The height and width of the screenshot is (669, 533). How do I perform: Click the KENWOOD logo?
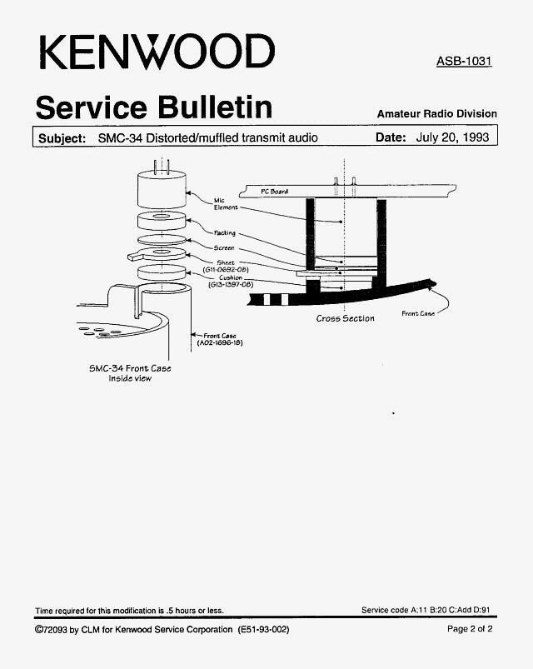click(x=157, y=52)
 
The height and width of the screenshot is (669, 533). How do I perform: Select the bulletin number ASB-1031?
click(x=464, y=61)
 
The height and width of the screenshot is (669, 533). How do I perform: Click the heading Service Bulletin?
click(x=154, y=107)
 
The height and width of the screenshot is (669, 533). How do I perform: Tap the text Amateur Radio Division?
click(x=437, y=114)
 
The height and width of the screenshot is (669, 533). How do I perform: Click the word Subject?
click(x=62, y=138)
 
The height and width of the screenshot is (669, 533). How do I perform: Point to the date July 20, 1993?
click(x=452, y=137)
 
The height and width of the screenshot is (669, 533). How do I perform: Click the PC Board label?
click(x=274, y=192)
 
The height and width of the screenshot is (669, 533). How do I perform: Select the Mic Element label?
click(x=226, y=204)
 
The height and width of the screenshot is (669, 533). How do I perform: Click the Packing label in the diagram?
click(x=224, y=233)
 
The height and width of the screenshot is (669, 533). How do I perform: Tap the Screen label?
click(x=224, y=248)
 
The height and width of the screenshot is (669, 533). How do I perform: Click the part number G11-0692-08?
click(x=226, y=270)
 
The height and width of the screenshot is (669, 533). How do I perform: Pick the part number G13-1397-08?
click(x=230, y=285)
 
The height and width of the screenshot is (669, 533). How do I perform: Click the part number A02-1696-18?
click(x=220, y=342)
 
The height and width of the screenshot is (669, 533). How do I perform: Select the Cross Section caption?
click(x=346, y=318)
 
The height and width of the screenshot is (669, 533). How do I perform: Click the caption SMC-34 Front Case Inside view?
click(x=130, y=373)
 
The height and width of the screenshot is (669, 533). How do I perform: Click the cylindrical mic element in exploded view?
click(x=162, y=189)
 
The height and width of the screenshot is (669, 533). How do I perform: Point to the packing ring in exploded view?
click(x=162, y=221)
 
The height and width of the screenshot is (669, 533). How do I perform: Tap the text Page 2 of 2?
click(x=470, y=629)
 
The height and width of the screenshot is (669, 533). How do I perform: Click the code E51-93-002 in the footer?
click(x=264, y=629)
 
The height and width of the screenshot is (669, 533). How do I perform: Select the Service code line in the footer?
click(x=426, y=610)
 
